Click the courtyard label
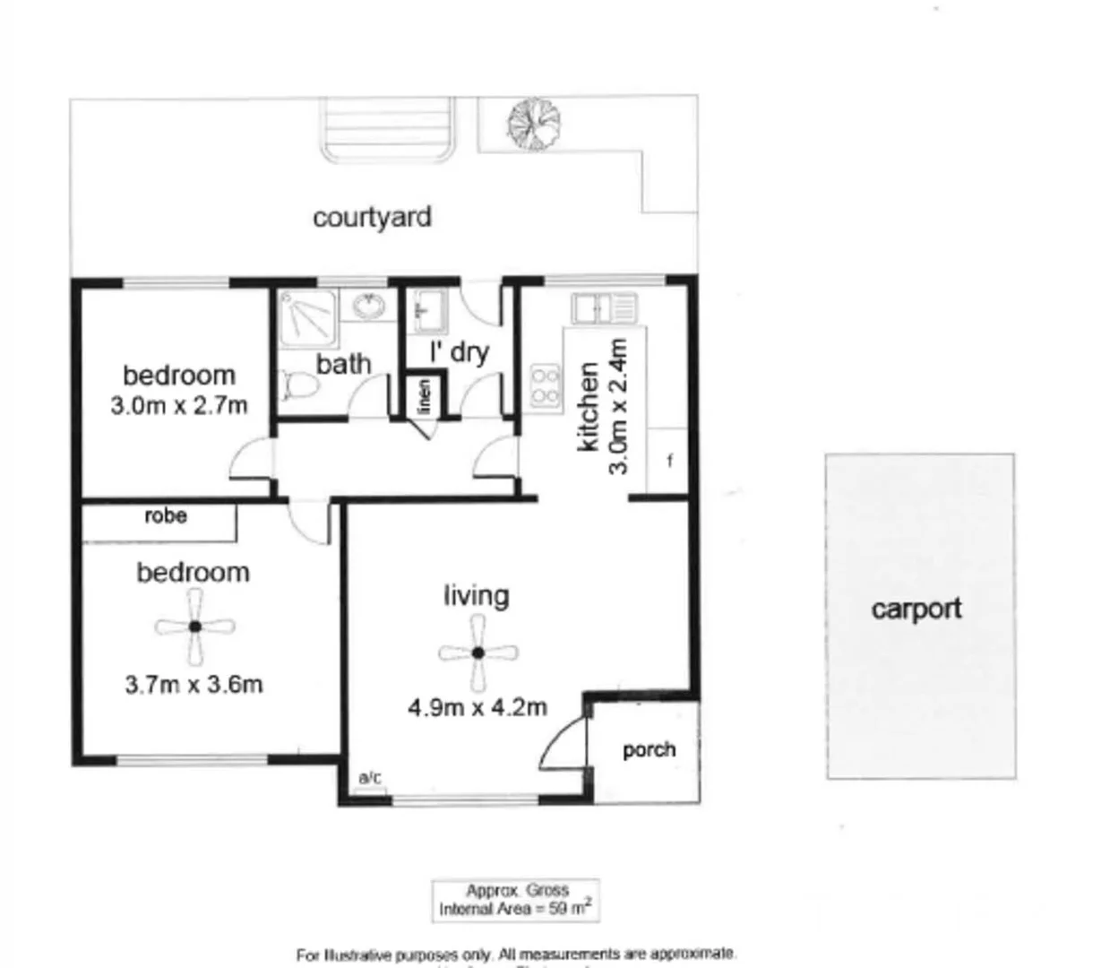372,218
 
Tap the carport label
916,609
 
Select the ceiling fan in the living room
478,653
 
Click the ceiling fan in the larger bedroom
194,627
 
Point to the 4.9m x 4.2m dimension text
477,707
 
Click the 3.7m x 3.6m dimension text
194,685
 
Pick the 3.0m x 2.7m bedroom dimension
178,405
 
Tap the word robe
166,515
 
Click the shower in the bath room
307,318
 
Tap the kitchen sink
603,309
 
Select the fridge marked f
669,462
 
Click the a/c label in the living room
369,778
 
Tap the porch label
649,749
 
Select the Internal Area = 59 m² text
515,909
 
